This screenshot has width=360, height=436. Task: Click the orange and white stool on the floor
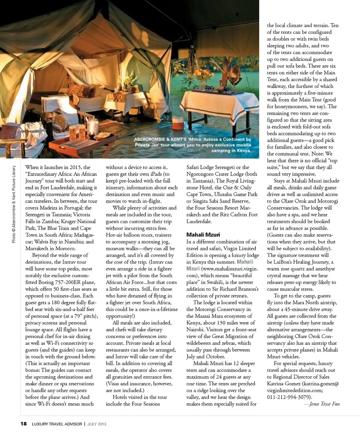(x=178, y=123)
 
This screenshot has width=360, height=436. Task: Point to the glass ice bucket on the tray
(x=93, y=126)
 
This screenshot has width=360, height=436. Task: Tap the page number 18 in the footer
(x=23, y=424)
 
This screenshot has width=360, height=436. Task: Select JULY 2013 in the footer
(x=97, y=424)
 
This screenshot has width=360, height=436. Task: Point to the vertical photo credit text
(x=14, y=204)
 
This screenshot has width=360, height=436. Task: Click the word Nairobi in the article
(x=196, y=329)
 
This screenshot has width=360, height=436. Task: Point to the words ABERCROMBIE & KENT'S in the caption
(x=162, y=140)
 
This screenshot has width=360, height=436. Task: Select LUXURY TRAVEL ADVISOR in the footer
(x=57, y=424)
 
